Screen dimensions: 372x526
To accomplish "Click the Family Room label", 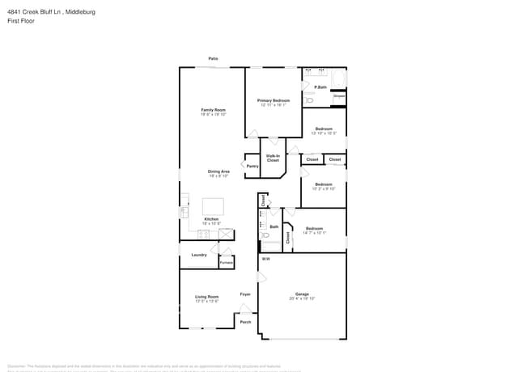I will (x=214, y=110).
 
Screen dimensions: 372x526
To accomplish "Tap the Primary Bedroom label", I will (x=274, y=101).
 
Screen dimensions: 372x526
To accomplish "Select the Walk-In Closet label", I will (x=273, y=158).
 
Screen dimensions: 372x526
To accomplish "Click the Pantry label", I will (x=252, y=166).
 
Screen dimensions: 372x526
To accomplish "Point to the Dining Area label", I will (x=218, y=171).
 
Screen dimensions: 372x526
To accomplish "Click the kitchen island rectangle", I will (x=213, y=205).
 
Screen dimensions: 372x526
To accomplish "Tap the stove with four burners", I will (x=204, y=234).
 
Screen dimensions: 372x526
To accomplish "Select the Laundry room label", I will (x=199, y=255).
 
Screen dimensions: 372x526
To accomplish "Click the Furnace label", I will (x=227, y=262).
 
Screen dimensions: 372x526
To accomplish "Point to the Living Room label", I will (x=207, y=297).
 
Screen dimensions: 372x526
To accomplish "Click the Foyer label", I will (x=245, y=294).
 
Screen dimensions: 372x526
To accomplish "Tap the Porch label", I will (x=245, y=322).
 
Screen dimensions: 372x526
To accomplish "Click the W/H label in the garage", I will (x=265, y=259).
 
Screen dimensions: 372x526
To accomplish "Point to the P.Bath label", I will (x=320, y=87).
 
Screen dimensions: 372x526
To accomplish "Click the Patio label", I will (x=213, y=59).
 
